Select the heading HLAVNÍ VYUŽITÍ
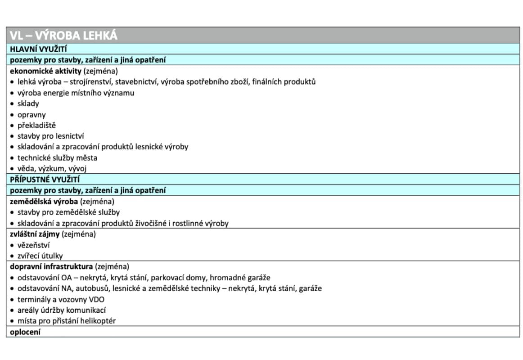(39, 49)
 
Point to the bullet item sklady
(28, 103)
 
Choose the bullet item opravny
(32, 115)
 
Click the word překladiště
(36, 126)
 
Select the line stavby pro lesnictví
(50, 136)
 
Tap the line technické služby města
(57, 158)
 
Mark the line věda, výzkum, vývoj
(52, 169)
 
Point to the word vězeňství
(33, 245)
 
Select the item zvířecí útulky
(40, 256)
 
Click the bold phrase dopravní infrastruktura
(51, 266)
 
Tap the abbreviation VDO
(96, 299)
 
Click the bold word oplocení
(25, 332)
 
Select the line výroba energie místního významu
(76, 93)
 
